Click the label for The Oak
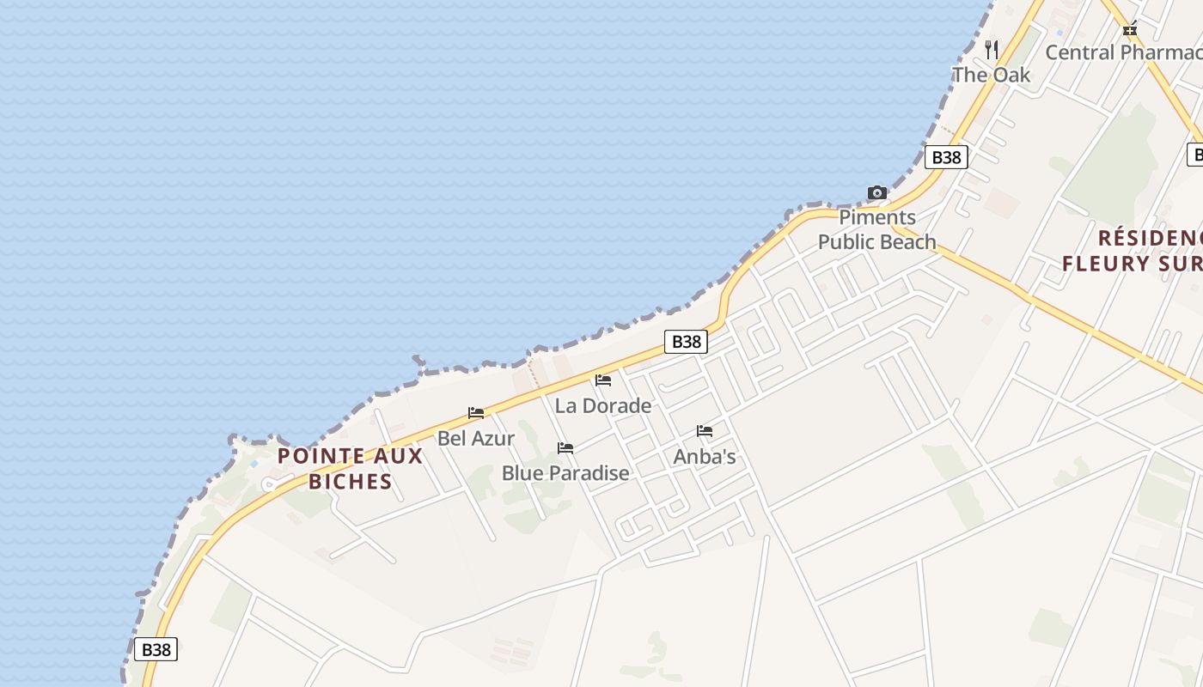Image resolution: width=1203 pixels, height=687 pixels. tap(991, 75)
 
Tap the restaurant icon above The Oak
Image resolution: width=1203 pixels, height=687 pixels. tap(992, 49)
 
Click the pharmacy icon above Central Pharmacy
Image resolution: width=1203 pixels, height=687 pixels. tap(1130, 29)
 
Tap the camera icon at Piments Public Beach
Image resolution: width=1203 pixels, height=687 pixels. tap(876, 192)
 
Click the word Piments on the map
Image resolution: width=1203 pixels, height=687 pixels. tap(877, 217)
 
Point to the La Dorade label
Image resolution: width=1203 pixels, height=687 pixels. tap(603, 405)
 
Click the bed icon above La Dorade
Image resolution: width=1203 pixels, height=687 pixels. tap(603, 380)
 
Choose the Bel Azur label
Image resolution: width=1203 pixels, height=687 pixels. tap(476, 438)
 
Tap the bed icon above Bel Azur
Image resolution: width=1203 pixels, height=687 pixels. tap(476, 413)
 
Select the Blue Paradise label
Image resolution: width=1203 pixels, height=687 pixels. tap(565, 473)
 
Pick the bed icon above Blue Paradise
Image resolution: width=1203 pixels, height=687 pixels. tap(565, 448)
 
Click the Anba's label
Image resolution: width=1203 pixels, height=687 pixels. tap(705, 457)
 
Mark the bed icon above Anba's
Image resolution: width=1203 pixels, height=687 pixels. tap(705, 431)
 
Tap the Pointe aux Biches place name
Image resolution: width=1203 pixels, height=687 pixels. tap(351, 468)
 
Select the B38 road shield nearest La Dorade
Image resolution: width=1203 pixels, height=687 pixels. tap(686, 342)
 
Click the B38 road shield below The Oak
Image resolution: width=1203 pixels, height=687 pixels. tap(946, 157)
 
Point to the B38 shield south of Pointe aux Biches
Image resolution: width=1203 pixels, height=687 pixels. tap(156, 649)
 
